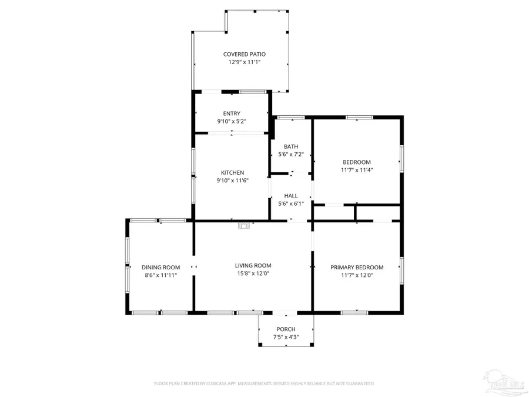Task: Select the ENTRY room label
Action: pos(232,114)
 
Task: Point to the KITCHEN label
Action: pos(232,172)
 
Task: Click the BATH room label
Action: pos(291,146)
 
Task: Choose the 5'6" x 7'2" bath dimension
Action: pos(291,155)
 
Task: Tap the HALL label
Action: pos(291,196)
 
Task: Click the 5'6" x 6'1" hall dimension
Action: pos(291,204)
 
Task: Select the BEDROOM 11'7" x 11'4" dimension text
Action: pos(357,170)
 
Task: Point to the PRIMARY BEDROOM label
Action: pos(357,267)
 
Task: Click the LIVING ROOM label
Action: pos(253,265)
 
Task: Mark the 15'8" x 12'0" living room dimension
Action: pos(253,273)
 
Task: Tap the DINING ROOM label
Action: pos(160,267)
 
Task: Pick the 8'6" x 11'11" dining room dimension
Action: pos(160,275)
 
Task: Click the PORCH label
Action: pos(286,329)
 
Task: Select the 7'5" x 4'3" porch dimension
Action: pos(286,337)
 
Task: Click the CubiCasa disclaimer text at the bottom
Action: pos(264,383)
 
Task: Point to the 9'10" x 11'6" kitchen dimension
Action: pos(232,181)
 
